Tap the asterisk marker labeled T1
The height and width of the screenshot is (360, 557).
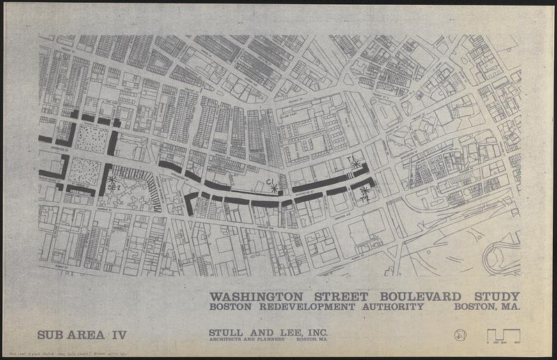coord(356,164)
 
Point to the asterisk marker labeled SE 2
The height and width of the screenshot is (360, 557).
coord(111,180)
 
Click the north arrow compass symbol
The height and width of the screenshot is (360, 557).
coord(460,334)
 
